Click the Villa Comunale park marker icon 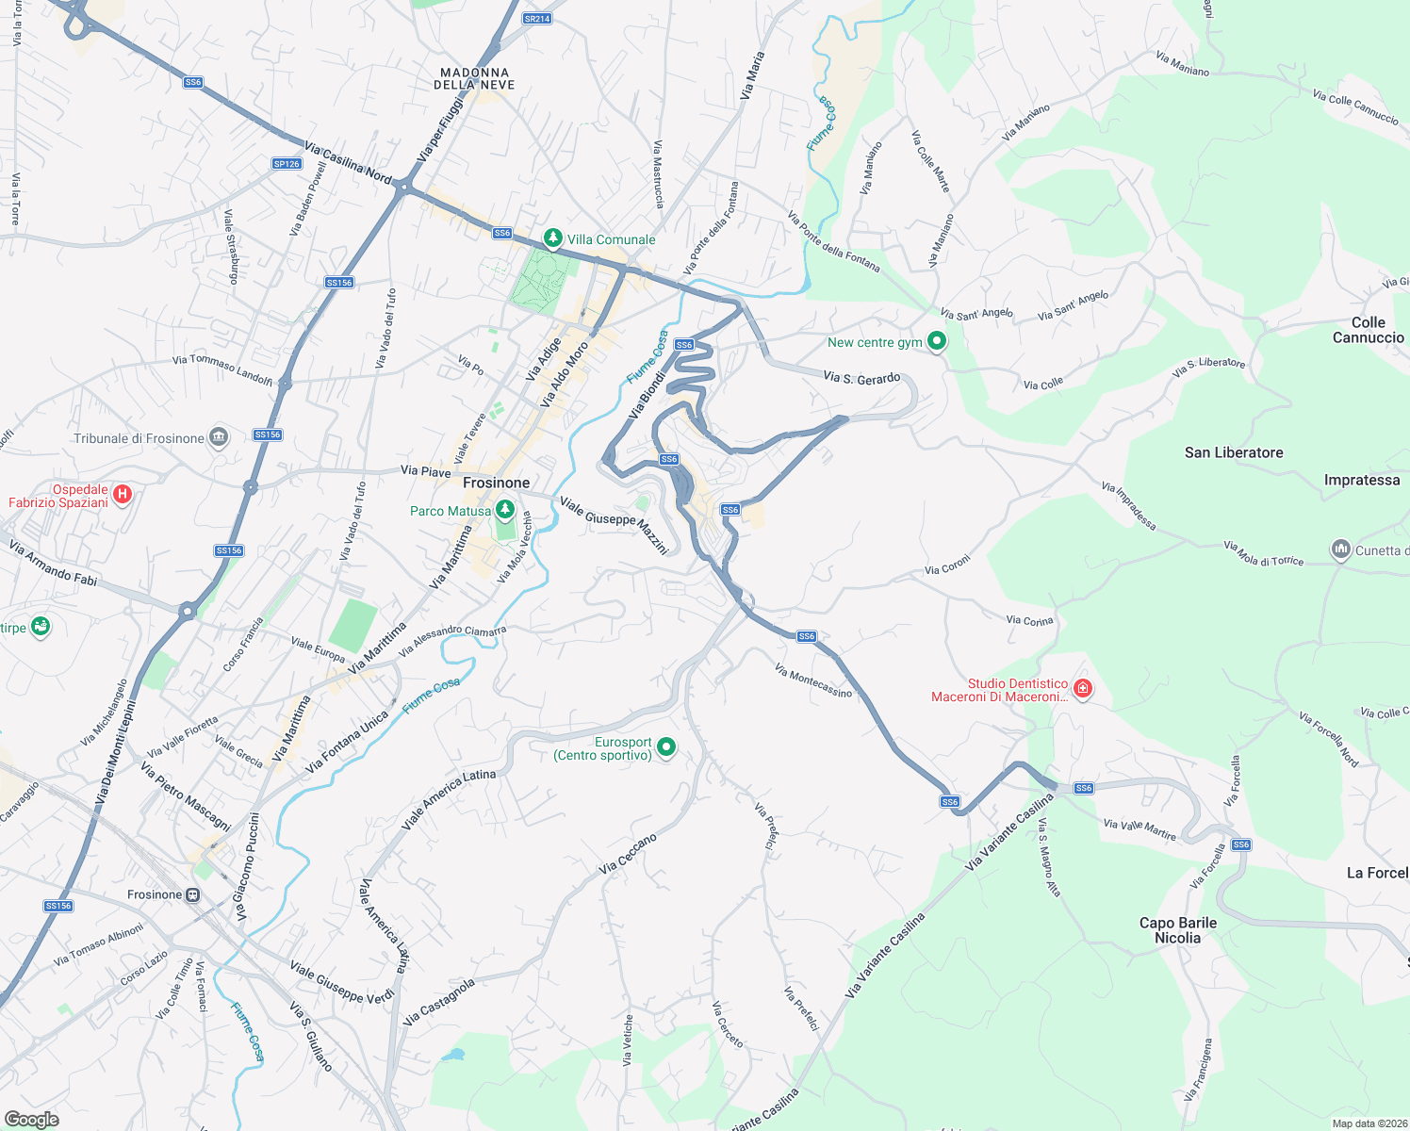point(553,238)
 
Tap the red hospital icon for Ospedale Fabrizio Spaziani point(122,494)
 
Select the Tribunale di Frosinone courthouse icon point(219,437)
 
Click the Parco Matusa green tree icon point(505,511)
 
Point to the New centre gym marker point(936,341)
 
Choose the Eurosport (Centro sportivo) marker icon point(666,747)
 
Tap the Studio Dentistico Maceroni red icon point(1082,689)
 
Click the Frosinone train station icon point(192,894)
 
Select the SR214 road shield point(537,19)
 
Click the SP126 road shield point(287,164)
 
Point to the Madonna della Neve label point(474,78)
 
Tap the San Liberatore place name point(1234,452)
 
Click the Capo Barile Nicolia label point(1178,930)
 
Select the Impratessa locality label point(1362,480)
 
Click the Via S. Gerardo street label point(861,378)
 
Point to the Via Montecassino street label point(812,680)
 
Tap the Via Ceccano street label point(628,853)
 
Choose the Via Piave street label point(426,471)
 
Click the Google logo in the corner point(31,1120)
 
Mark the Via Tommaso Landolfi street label point(222,369)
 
